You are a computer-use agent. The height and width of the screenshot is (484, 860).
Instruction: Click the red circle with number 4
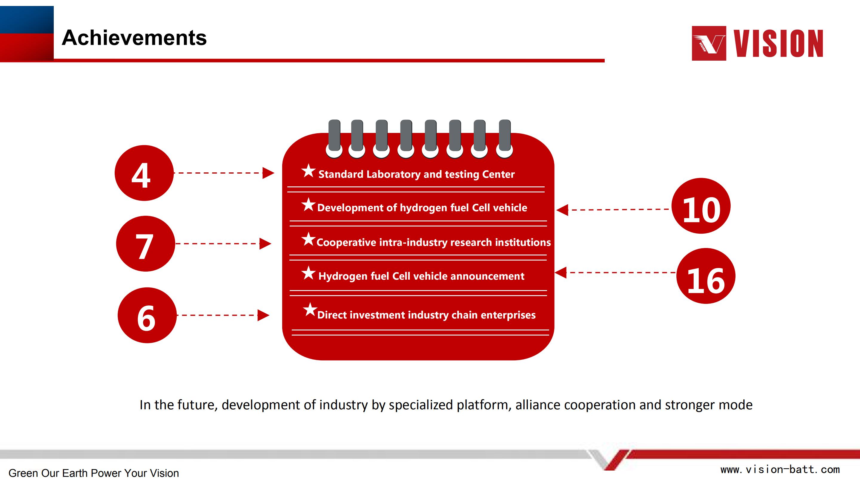(144, 173)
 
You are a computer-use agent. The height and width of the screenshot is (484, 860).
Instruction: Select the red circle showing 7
(145, 243)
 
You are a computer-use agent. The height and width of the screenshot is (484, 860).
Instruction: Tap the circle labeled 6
(147, 315)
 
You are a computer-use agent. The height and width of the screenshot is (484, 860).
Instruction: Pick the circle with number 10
(701, 206)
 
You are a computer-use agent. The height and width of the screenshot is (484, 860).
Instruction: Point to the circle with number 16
(706, 276)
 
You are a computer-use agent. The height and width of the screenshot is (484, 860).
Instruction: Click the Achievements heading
(134, 37)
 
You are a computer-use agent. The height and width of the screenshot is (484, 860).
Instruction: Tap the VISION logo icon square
(709, 43)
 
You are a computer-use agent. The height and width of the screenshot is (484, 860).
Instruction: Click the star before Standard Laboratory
(308, 171)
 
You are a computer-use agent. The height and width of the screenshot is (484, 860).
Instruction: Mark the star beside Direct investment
(310, 309)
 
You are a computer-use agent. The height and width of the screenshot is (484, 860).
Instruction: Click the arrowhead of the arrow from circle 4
(268, 173)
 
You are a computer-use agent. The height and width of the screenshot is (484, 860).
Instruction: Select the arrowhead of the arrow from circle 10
(562, 210)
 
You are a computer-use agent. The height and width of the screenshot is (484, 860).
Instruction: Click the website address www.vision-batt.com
(780, 469)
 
